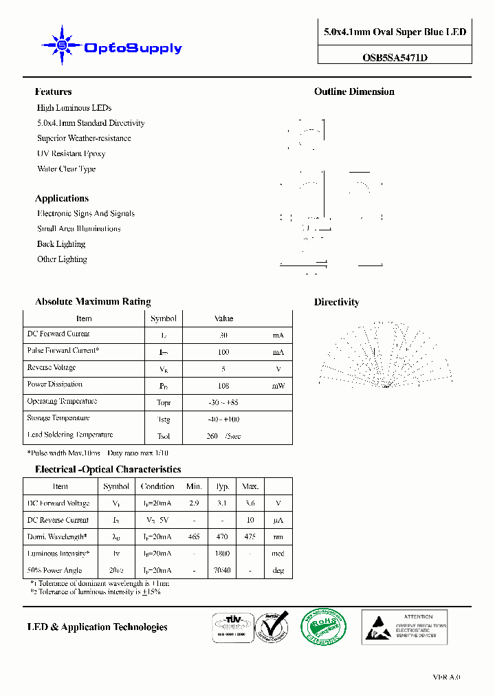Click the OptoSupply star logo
click(x=62, y=45)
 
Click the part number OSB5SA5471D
click(x=395, y=58)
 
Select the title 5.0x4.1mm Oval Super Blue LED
click(x=395, y=32)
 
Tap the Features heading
click(x=54, y=91)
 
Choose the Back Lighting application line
click(x=61, y=244)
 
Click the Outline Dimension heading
click(x=354, y=91)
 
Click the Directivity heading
click(x=336, y=302)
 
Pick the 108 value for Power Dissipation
click(x=223, y=387)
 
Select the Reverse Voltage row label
click(x=52, y=368)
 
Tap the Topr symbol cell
click(x=164, y=403)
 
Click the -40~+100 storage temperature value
click(x=223, y=420)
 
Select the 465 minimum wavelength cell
click(x=194, y=536)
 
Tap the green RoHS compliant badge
click(x=323, y=627)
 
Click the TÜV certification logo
click(x=230, y=627)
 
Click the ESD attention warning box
click(x=404, y=627)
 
